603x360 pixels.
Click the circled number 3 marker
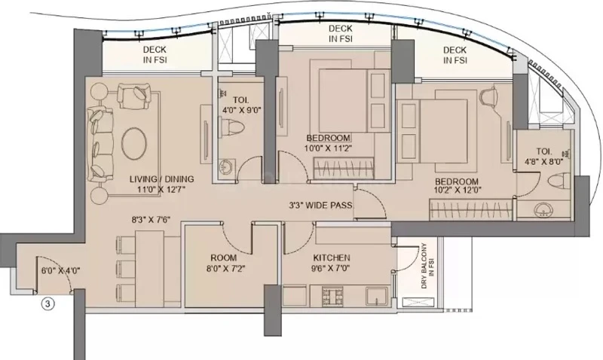click(47, 304)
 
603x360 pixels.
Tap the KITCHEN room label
click(332, 258)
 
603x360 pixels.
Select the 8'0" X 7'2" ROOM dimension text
click(225, 269)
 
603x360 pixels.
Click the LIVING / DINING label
click(161, 179)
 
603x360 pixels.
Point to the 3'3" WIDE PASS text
click(320, 205)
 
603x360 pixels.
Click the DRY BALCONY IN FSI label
click(427, 266)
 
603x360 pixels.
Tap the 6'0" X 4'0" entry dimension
click(61, 270)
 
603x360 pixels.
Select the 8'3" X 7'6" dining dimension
click(152, 220)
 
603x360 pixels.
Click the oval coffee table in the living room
click(134, 142)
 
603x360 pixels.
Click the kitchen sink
click(377, 297)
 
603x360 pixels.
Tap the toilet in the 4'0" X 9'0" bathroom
click(232, 127)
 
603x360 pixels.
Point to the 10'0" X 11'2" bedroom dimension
click(328, 148)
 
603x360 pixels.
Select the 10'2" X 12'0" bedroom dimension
click(457, 190)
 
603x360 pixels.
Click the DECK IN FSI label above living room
click(155, 54)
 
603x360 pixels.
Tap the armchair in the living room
click(133, 96)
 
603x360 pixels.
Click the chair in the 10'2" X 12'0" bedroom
click(488, 96)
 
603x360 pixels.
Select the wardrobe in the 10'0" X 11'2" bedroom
click(344, 168)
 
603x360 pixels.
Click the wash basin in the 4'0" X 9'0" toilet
click(225, 167)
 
